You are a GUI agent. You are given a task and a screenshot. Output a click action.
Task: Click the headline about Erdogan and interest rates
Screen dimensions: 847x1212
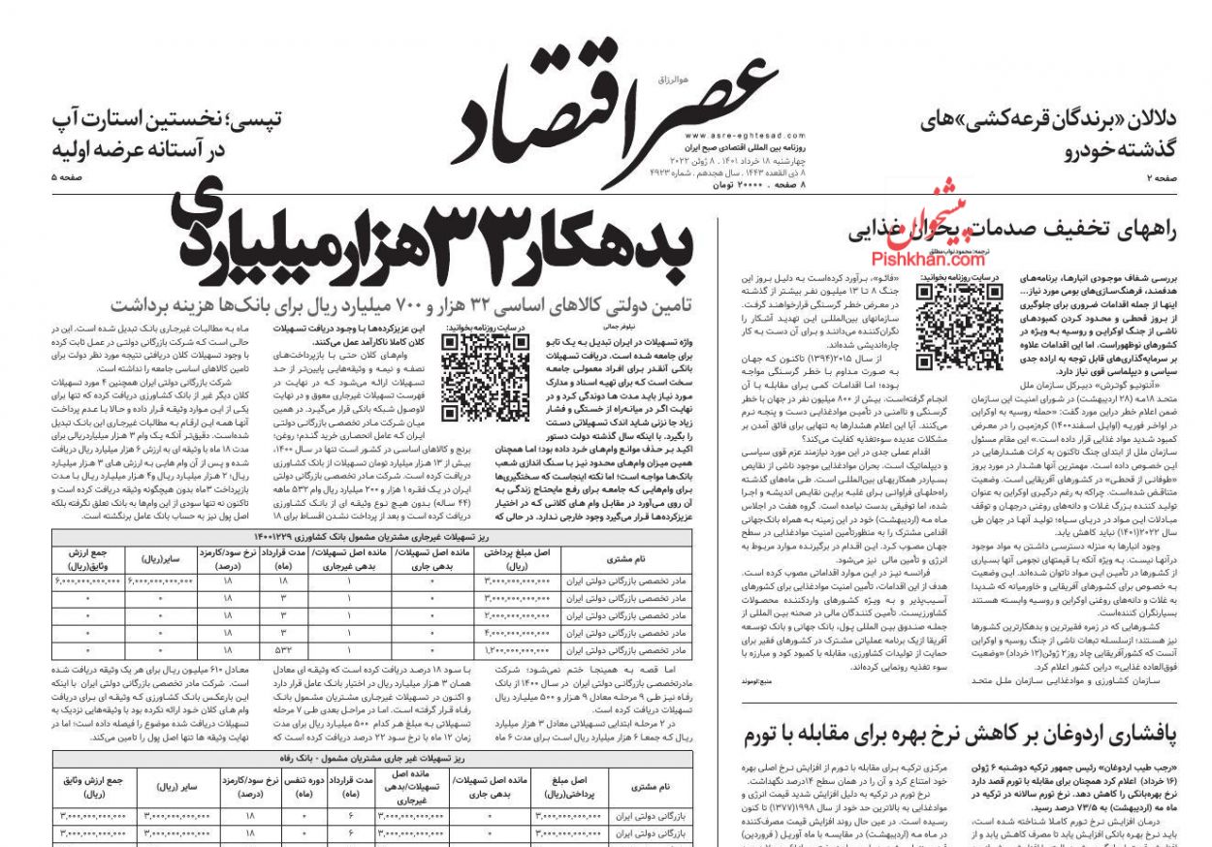pyautogui.click(x=959, y=736)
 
